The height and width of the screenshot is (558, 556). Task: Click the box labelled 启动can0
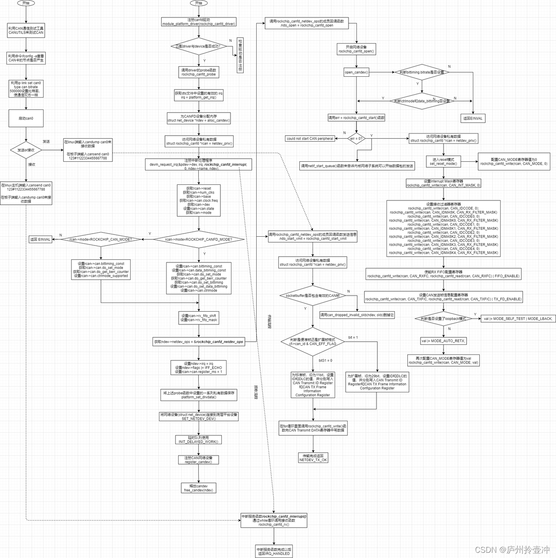click(26, 118)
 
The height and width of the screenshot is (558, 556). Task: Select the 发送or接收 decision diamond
click(26, 150)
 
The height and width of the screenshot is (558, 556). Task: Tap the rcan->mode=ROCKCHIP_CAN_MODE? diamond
click(101, 239)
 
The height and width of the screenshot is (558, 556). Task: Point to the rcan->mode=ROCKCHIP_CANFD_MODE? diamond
click(199, 239)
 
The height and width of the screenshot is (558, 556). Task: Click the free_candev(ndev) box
click(198, 488)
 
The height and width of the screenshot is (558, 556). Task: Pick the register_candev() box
click(198, 460)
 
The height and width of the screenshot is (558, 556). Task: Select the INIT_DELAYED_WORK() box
click(198, 439)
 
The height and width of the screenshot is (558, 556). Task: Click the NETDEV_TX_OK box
click(313, 458)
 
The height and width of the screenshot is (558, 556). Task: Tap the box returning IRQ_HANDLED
click(274, 551)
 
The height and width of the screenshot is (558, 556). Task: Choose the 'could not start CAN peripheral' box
click(310, 139)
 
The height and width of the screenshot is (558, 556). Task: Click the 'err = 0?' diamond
click(356, 139)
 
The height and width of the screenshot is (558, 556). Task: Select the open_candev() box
click(356, 72)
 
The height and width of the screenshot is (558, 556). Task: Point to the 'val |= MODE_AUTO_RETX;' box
click(443, 341)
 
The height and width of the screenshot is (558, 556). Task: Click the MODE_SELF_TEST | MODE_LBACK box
click(518, 319)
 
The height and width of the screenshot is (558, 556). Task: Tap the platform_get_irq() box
click(199, 95)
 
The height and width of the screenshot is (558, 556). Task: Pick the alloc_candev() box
click(199, 118)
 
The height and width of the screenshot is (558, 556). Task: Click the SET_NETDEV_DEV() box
click(199, 417)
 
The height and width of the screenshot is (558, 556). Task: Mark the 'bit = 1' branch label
click(353, 337)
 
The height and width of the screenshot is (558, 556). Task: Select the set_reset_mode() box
click(443, 162)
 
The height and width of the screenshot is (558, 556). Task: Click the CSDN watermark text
click(512, 550)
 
